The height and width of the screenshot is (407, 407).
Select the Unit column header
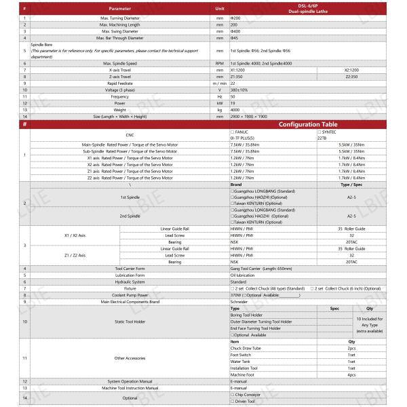pos(219,8)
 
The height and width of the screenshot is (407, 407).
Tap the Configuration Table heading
pos(312,124)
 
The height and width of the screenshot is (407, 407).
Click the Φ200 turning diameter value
pos(235,17)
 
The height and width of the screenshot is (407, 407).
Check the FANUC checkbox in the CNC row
pos(232,131)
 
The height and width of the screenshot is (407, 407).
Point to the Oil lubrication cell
pos(243,275)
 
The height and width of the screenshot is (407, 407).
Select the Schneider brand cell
pos(239,302)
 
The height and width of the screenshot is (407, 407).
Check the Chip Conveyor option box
pos(232,394)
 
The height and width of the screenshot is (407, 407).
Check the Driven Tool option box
pos(232,402)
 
